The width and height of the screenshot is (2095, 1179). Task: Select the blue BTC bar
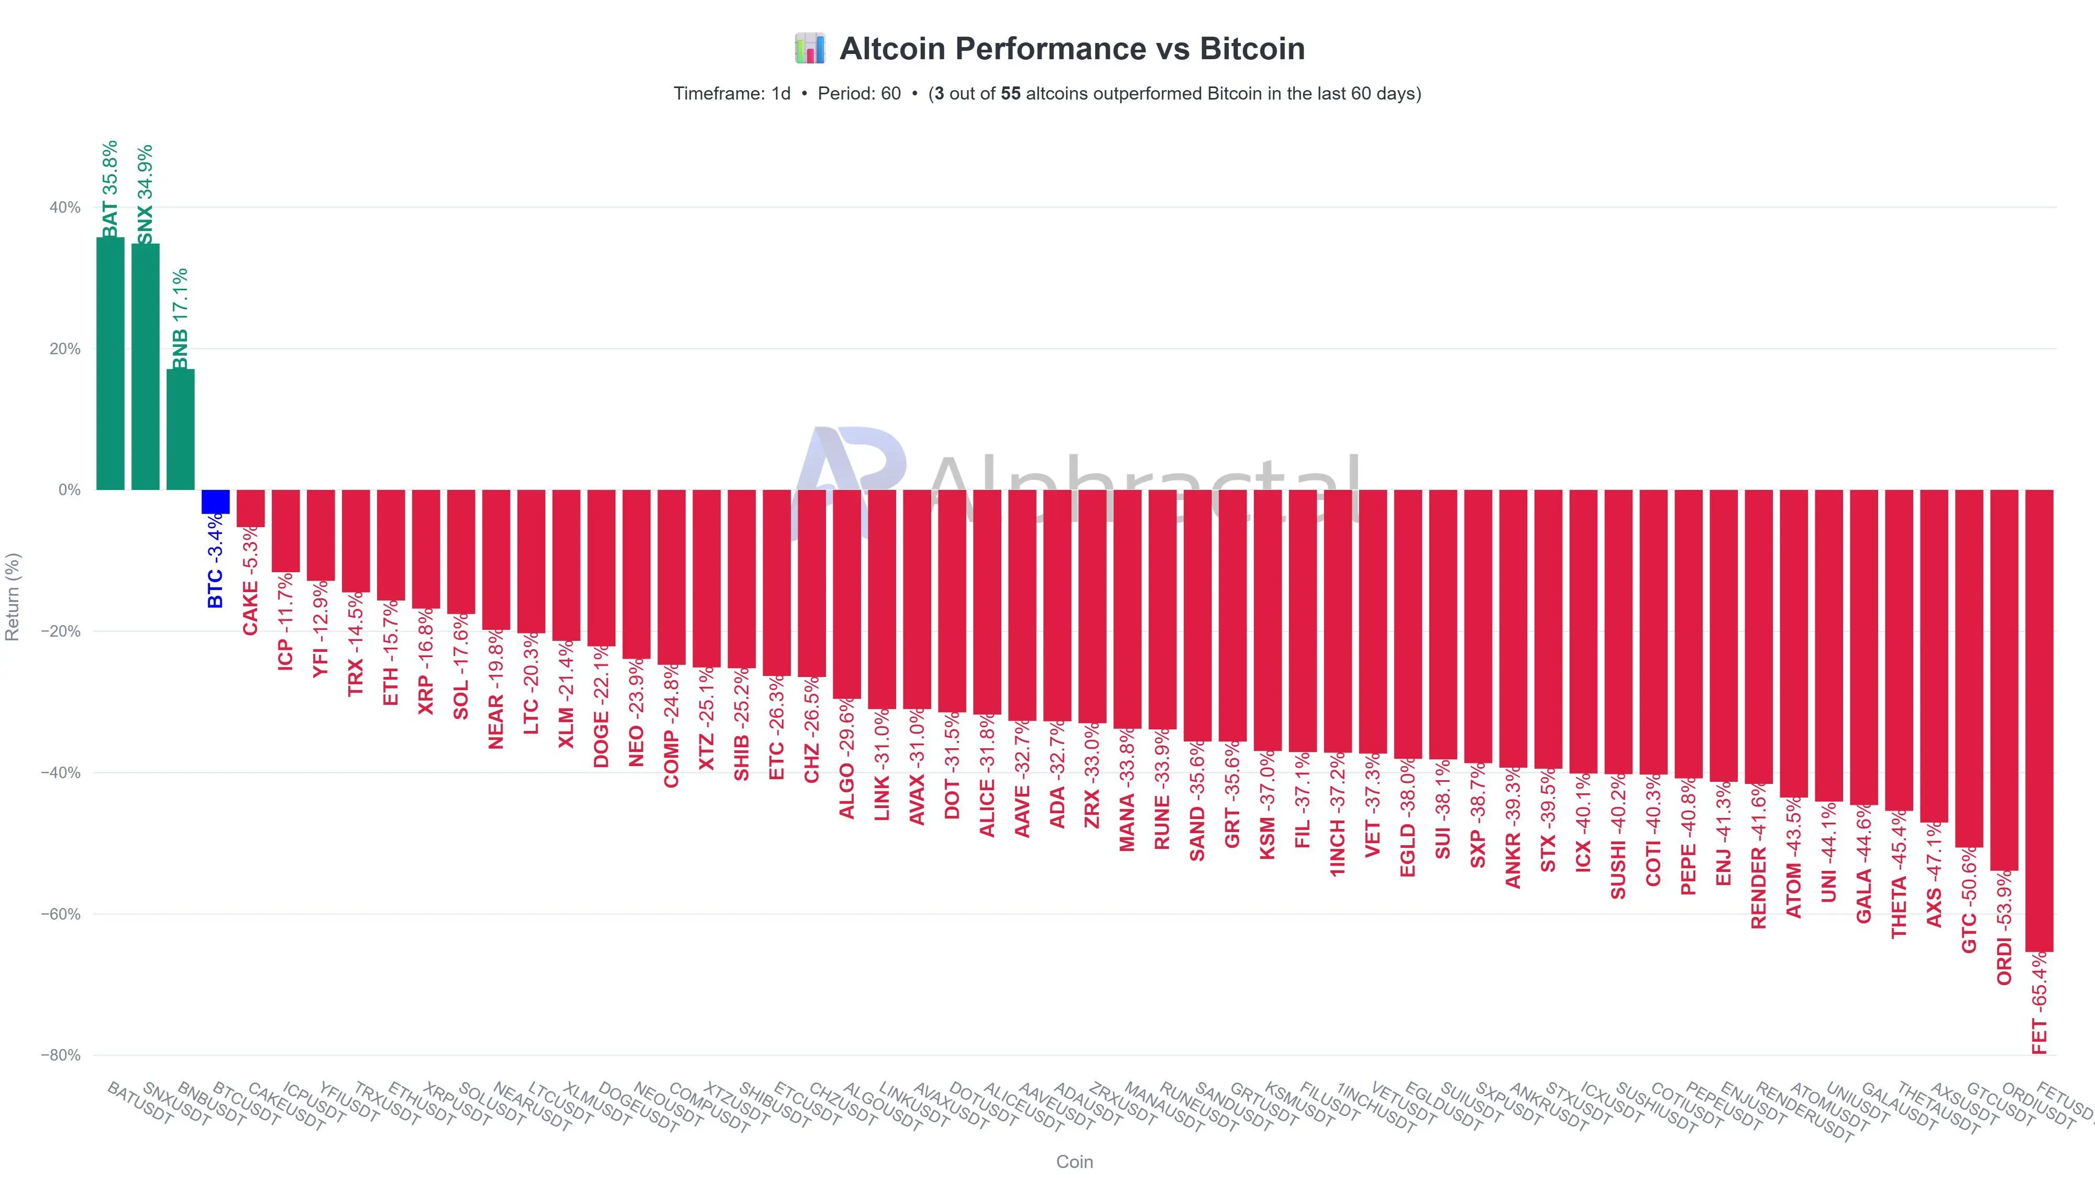point(215,501)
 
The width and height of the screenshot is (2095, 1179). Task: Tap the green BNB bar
point(181,430)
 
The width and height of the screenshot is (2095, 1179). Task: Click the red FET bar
point(2039,720)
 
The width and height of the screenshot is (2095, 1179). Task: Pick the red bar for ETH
point(390,544)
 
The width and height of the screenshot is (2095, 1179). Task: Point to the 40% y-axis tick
point(65,208)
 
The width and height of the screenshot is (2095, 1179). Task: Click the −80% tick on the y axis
point(61,1055)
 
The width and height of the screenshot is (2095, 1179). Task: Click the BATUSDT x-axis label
point(140,1104)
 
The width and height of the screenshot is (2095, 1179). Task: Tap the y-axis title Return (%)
point(12,596)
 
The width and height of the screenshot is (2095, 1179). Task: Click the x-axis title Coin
point(1074,1162)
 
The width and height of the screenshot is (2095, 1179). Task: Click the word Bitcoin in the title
point(1252,49)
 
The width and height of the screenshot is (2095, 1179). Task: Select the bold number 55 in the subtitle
point(1010,94)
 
